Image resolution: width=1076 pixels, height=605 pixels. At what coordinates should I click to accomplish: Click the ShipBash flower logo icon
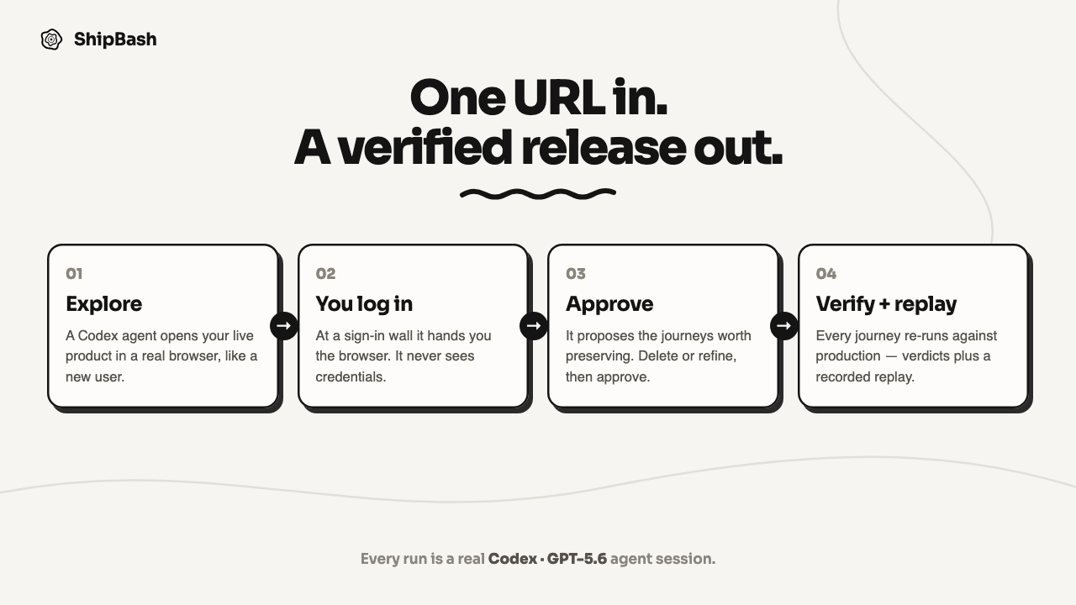pyautogui.click(x=51, y=39)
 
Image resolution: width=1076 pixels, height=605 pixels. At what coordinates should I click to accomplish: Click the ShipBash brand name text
pyautogui.click(x=115, y=39)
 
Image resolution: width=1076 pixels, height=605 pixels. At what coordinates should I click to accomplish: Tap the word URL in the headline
pyautogui.click(x=559, y=97)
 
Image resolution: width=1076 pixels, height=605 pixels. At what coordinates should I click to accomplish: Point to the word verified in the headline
pyautogui.click(x=425, y=147)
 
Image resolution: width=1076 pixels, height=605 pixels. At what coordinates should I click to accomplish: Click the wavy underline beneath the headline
pyautogui.click(x=538, y=193)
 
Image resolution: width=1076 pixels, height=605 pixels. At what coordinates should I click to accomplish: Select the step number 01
pyautogui.click(x=74, y=274)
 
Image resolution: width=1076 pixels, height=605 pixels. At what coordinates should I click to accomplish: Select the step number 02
pyautogui.click(x=325, y=274)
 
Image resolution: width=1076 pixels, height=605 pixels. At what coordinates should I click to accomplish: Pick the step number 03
pyautogui.click(x=576, y=274)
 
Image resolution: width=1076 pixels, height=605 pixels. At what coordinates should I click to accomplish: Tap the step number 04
pyautogui.click(x=826, y=274)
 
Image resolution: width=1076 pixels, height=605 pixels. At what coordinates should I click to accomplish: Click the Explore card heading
pyautogui.click(x=103, y=304)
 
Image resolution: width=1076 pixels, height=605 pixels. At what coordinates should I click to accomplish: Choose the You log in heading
pyautogui.click(x=364, y=304)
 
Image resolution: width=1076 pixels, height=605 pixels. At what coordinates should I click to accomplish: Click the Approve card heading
pyautogui.click(x=609, y=304)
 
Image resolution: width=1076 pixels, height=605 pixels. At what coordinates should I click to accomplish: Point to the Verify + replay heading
pyautogui.click(x=886, y=304)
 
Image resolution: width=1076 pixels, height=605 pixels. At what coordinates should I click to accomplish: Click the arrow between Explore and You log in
pyautogui.click(x=284, y=326)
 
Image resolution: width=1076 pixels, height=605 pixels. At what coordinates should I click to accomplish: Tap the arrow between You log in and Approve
pyautogui.click(x=534, y=326)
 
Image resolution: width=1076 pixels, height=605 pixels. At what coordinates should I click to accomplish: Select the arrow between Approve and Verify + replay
pyautogui.click(x=784, y=326)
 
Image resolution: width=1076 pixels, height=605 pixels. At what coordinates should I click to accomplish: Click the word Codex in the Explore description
pyautogui.click(x=98, y=335)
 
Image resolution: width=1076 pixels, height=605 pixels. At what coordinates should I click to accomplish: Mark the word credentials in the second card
pyautogui.click(x=351, y=377)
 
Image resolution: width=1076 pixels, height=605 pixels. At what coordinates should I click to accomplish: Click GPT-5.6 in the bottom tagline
pyautogui.click(x=577, y=559)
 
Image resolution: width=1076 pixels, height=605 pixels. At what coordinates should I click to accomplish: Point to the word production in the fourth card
pyautogui.click(x=848, y=356)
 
